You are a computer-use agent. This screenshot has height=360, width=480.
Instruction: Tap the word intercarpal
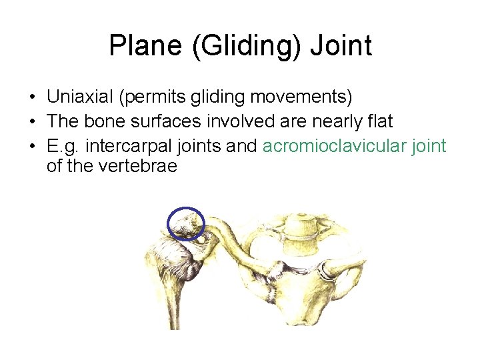(127, 146)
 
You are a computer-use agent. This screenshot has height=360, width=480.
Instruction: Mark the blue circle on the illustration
(185, 224)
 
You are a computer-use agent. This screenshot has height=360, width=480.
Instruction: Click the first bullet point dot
(33, 98)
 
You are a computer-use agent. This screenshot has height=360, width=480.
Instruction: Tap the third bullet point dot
(33, 147)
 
